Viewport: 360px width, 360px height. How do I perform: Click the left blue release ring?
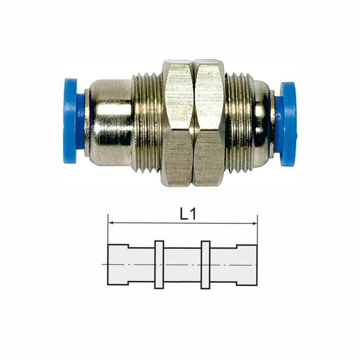point(70,121)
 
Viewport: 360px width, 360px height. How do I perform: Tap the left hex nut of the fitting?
point(178,123)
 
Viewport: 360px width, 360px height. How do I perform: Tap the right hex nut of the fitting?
point(209,123)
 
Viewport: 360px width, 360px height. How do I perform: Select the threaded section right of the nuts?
point(239,122)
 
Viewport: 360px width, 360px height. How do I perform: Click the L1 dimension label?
point(188,215)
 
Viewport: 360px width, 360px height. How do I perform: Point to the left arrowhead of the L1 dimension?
point(111,222)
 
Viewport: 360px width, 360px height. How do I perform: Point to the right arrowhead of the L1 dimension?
point(254,223)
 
